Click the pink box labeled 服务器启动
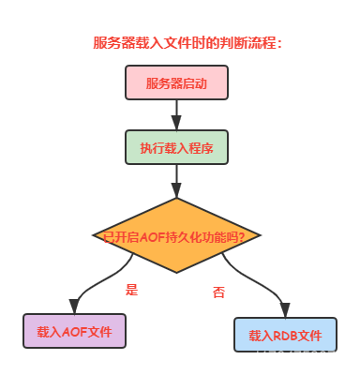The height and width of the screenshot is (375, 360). [175, 82]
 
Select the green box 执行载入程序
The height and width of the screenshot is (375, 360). [175, 146]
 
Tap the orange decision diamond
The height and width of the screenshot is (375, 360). [175, 235]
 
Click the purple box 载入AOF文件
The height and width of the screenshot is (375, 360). [73, 332]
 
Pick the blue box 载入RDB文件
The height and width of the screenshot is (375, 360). [285, 335]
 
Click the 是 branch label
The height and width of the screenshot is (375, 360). [132, 289]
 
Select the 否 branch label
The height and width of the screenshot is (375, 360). [218, 292]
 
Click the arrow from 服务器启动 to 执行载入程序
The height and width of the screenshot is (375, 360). [175, 113]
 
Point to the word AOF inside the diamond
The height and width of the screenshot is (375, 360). [152, 235]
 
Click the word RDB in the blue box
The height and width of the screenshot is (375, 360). [284, 335]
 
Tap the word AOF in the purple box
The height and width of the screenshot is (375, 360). [72, 332]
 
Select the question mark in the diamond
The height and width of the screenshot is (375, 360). [242, 235]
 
